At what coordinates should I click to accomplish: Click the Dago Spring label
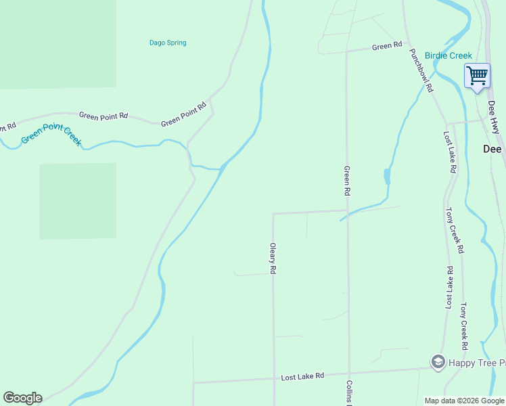tap(168, 43)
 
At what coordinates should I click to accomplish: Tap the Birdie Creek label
tap(448, 55)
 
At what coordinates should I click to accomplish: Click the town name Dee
tap(492, 150)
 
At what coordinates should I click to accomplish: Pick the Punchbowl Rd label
tap(421, 70)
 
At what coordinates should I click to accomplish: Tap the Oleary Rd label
tap(273, 258)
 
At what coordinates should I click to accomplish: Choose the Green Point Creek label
tap(51, 134)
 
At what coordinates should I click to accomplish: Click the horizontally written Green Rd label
tap(387, 47)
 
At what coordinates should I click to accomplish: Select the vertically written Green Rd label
tap(346, 181)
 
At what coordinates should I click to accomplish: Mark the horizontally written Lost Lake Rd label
tap(302, 376)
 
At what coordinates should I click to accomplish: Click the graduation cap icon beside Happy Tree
tap(438, 362)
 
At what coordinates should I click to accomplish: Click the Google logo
tap(22, 398)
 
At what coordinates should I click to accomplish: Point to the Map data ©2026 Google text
tap(464, 401)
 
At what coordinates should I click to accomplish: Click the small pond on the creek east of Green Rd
tap(387, 177)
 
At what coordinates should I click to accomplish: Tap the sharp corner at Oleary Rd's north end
tap(273, 214)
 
